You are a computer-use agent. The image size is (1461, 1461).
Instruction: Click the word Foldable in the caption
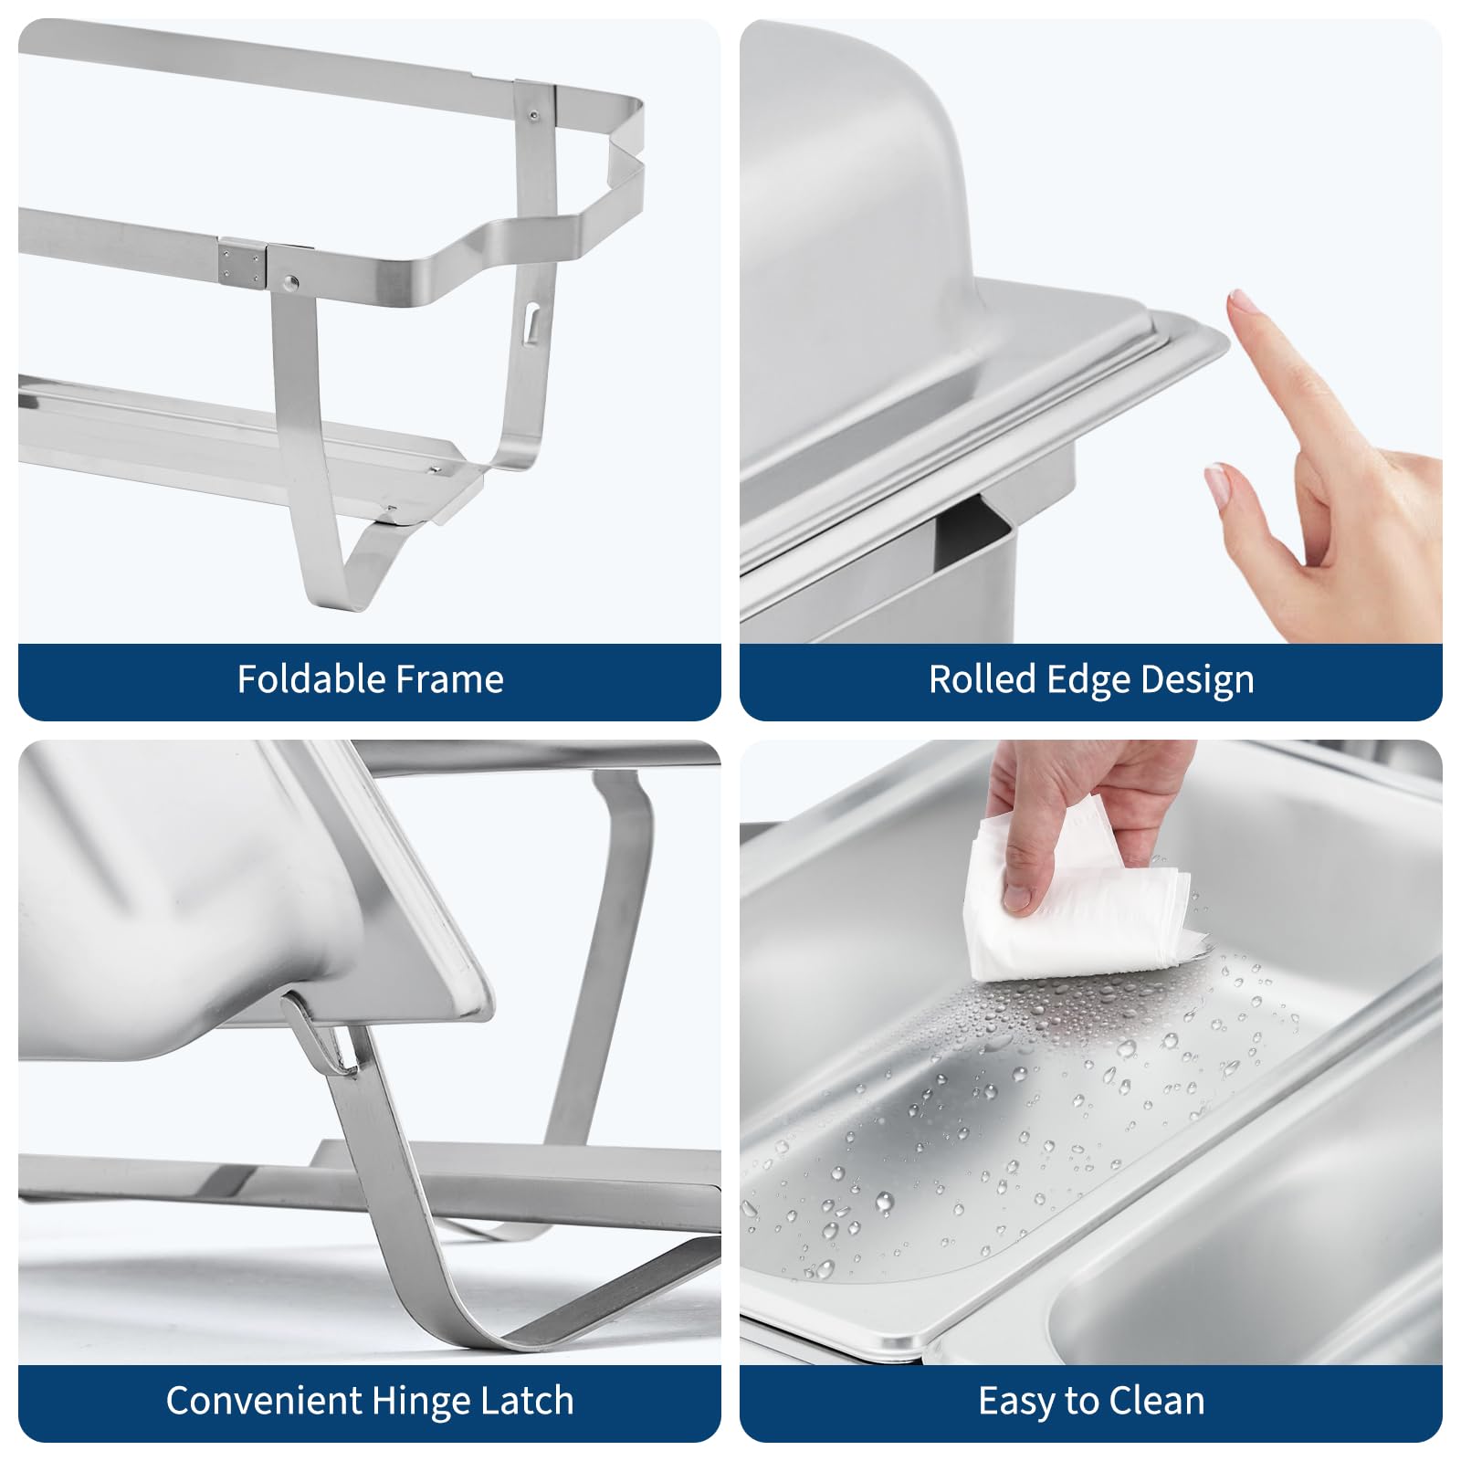(x=303, y=679)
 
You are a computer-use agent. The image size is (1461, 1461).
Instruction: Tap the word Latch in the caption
(x=528, y=1401)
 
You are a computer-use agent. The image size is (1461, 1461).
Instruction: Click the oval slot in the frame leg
(x=531, y=324)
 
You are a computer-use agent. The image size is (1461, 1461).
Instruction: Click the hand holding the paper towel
(x=1087, y=813)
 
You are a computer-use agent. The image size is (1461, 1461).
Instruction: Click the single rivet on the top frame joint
(x=533, y=116)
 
